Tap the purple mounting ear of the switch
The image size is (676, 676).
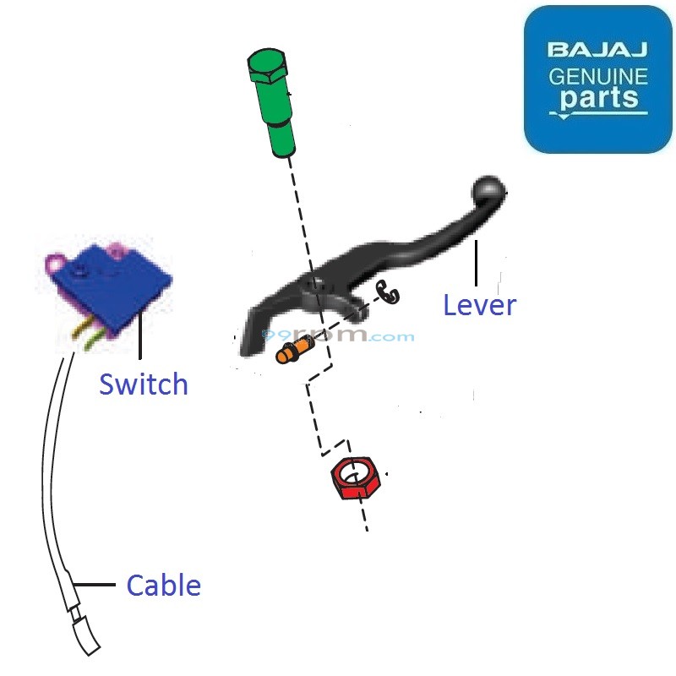[57, 264]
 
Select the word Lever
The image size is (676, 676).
[479, 305]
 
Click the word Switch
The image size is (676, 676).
[144, 384]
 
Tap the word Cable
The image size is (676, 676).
[163, 585]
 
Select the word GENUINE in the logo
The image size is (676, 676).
[597, 77]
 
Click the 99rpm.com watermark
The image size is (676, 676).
[338, 336]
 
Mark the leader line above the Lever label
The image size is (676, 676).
[477, 262]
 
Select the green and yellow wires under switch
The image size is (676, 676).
[89, 337]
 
